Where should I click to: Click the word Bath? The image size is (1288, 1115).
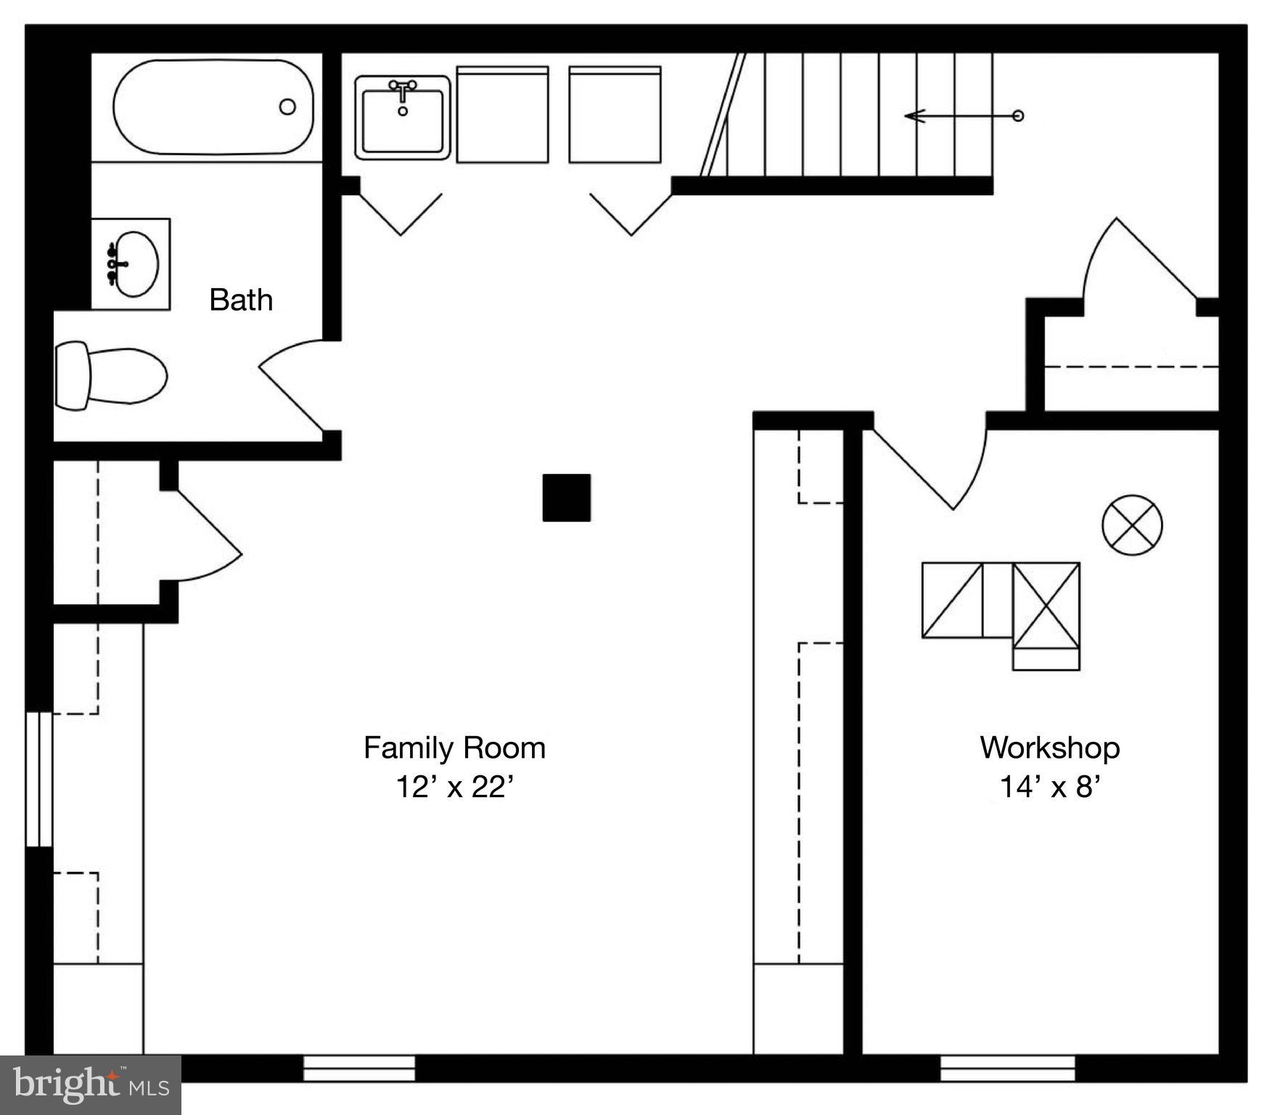(241, 300)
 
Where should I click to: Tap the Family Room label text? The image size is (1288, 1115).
(454, 748)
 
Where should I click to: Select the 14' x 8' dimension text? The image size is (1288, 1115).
(1050, 787)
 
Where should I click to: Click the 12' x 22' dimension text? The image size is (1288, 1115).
(454, 787)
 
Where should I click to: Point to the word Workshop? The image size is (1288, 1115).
(1050, 748)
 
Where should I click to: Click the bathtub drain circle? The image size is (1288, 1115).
(287, 107)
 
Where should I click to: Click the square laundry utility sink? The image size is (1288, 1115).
(403, 117)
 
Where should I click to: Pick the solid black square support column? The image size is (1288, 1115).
(567, 497)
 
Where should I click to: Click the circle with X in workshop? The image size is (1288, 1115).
(1132, 526)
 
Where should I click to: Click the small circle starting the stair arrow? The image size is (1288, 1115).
(1018, 115)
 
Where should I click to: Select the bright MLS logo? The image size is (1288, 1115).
(90, 1085)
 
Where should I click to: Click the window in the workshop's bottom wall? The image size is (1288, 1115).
(1007, 1068)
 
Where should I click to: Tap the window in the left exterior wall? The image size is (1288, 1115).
(38, 780)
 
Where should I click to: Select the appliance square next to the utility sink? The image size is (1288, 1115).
(502, 115)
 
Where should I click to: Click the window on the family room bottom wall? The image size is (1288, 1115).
(358, 1068)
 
